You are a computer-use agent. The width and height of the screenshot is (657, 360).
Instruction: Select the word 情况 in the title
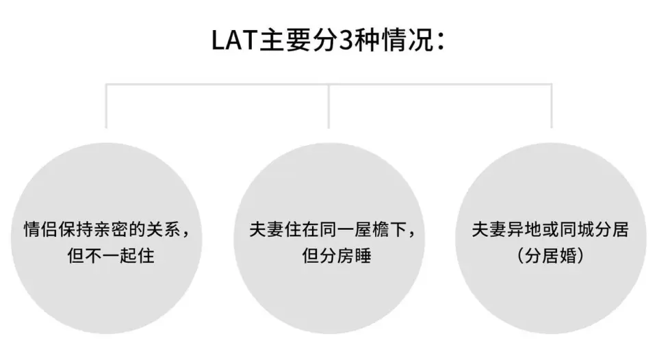point(408,40)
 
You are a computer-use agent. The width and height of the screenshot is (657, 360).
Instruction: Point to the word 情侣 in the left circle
point(40,229)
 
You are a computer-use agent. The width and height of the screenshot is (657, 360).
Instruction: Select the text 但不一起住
point(111,255)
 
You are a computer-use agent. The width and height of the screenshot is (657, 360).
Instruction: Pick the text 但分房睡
point(337,255)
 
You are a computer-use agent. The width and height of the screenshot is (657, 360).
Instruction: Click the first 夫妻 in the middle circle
point(266,229)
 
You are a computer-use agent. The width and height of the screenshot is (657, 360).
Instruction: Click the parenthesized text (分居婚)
point(550,255)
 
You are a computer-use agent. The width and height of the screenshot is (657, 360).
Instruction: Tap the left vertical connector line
point(106,106)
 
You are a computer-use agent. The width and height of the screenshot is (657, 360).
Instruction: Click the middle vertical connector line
point(328,106)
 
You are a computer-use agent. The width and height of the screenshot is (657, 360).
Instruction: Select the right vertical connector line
point(552,106)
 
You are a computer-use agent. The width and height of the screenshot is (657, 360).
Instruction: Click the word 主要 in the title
point(285,40)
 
